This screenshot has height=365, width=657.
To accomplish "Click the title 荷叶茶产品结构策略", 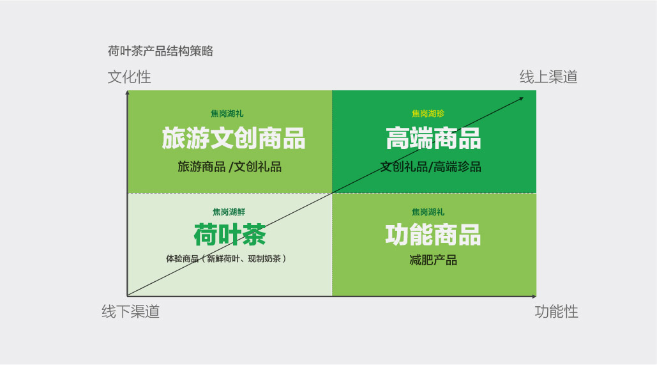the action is (160, 51).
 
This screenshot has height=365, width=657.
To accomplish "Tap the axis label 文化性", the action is (129, 77).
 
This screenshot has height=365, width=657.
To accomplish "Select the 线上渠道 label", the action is (548, 77).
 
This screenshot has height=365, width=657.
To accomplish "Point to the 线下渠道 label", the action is (131, 312).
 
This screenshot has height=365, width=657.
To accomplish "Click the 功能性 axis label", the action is (557, 312).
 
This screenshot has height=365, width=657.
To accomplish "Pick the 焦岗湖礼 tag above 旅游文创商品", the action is (227, 114).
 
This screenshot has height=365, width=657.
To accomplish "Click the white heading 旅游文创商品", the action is (234, 139).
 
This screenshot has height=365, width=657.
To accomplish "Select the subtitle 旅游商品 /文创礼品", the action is (230, 167).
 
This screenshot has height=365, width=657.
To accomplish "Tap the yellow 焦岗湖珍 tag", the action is (428, 114).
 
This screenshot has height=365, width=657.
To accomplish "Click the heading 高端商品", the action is (434, 139).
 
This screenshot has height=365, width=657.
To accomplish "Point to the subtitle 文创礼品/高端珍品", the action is (431, 167).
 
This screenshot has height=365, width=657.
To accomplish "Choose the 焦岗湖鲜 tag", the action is (229, 212).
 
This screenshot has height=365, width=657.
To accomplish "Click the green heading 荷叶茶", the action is (230, 235).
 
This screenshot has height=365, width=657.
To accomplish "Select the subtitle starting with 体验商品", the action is (226, 259).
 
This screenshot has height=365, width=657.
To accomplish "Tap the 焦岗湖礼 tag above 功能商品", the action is (428, 212).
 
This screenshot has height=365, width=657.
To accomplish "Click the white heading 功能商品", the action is (434, 235).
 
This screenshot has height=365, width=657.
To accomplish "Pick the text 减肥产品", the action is (434, 260).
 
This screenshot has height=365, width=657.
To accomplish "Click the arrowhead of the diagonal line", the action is (522, 98).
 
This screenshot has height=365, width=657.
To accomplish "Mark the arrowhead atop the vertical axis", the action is (128, 92).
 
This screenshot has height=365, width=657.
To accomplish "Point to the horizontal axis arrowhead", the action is (534, 297).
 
